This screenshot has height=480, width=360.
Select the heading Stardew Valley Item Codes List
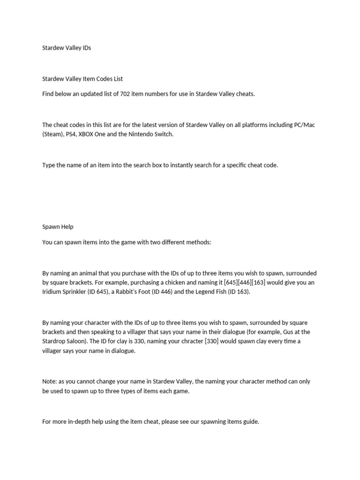pyautogui.click(x=82, y=79)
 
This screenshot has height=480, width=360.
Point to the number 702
pyautogui.click(x=132, y=94)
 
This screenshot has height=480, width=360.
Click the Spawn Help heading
pyautogui.click(x=58, y=227)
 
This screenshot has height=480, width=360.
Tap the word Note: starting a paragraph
pyautogui.click(x=50, y=382)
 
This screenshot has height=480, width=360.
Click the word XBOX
pyautogui.click(x=93, y=134)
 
